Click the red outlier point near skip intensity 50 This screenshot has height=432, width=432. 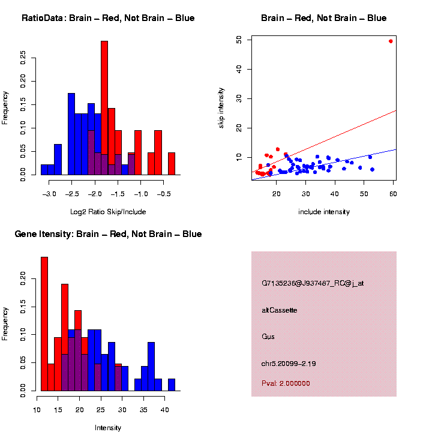tap(391, 41)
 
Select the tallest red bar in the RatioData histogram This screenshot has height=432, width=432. tap(104, 108)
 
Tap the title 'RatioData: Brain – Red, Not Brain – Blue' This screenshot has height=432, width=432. tap(108, 19)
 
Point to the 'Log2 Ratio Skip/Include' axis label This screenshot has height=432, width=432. tap(108, 212)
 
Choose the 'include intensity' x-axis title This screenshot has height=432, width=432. tap(324, 212)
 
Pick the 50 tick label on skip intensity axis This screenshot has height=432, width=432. tap(239, 40)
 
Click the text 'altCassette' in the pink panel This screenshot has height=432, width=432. tap(280, 310)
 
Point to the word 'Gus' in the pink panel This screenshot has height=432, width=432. tap(268, 337)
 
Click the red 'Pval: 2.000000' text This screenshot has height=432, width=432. tap(286, 383)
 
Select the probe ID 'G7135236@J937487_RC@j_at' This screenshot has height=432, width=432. tap(313, 284)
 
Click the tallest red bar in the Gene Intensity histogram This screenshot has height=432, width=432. tap(44, 324)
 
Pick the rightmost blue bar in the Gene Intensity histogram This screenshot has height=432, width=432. tap(172, 385)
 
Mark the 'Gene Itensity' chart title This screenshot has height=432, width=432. tap(108, 234)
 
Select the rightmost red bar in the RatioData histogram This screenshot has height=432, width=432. tap(172, 164)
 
